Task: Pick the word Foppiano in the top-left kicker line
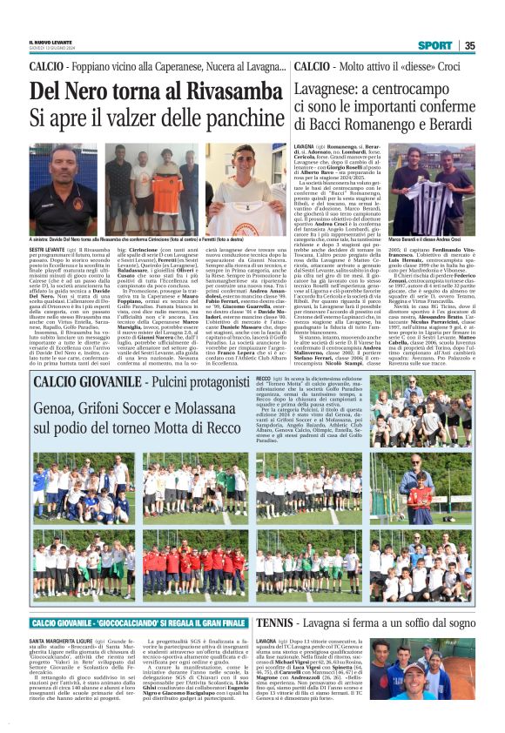[x=95, y=66]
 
